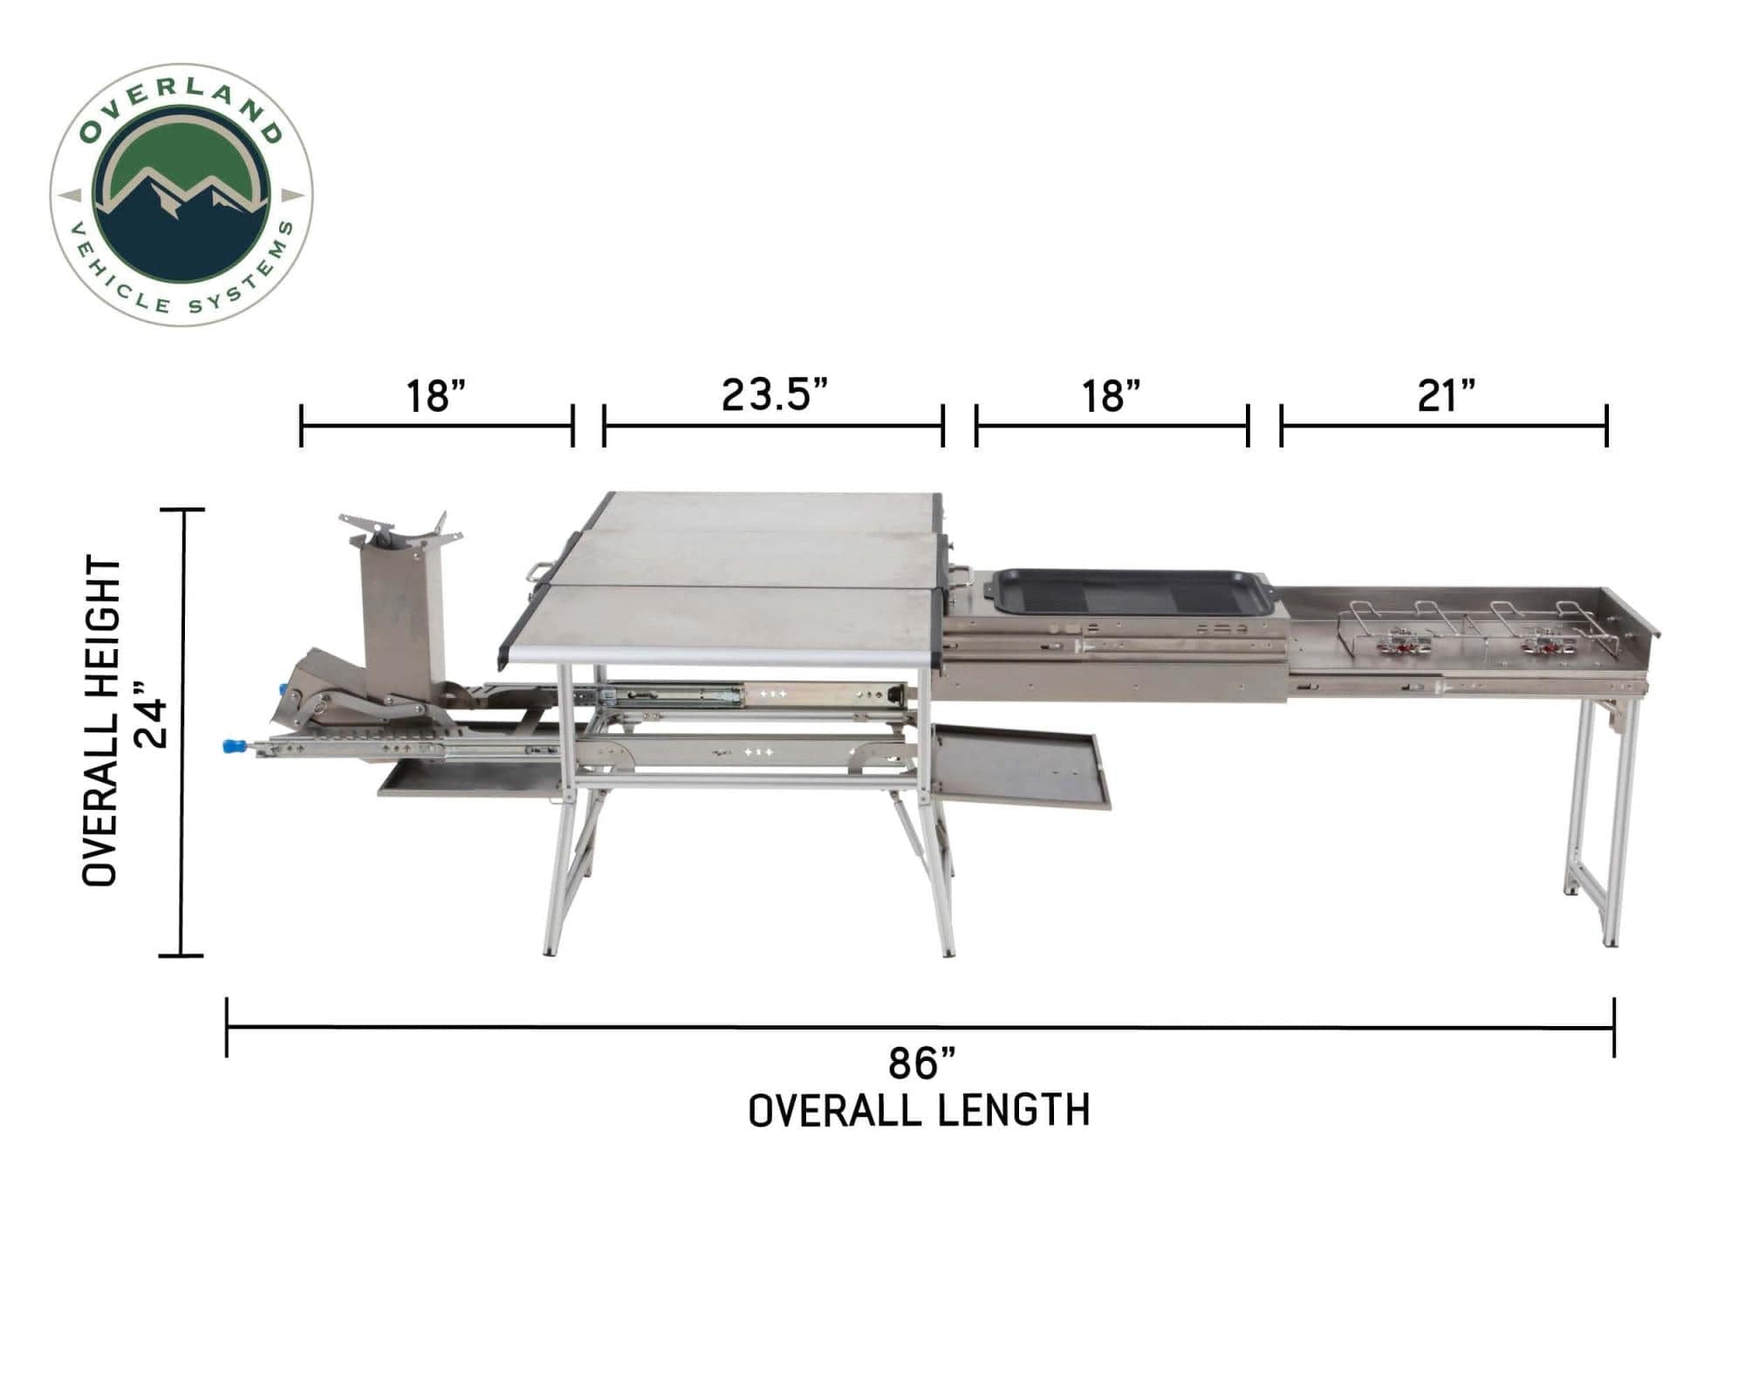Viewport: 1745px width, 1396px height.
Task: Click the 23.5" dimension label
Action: click(x=773, y=394)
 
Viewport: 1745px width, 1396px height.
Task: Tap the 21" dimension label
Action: click(x=1445, y=396)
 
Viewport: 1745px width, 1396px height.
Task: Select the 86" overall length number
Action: click(x=921, y=1064)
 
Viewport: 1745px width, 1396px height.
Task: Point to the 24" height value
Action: click(x=153, y=722)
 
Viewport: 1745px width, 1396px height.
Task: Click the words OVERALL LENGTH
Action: click(x=920, y=1111)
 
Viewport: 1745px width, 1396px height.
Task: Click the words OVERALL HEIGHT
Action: click(x=100, y=721)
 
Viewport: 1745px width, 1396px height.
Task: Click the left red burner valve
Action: click(x=1399, y=647)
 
